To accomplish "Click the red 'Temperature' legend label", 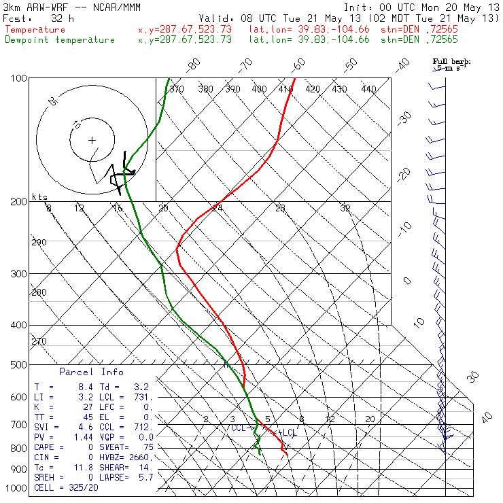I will [x=35, y=30].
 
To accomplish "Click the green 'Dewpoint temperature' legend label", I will [x=60, y=39].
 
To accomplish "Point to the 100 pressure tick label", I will [x=19, y=79].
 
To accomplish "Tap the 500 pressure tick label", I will [x=19, y=365].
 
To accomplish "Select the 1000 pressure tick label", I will [x=16, y=488].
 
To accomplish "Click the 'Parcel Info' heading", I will [x=91, y=372].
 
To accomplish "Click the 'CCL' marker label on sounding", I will [x=239, y=428].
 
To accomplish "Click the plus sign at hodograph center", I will [x=92, y=140].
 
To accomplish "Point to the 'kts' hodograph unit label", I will [x=41, y=197].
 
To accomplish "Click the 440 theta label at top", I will [x=368, y=89].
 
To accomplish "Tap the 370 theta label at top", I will [x=176, y=89].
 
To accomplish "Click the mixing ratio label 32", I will [x=345, y=208].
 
